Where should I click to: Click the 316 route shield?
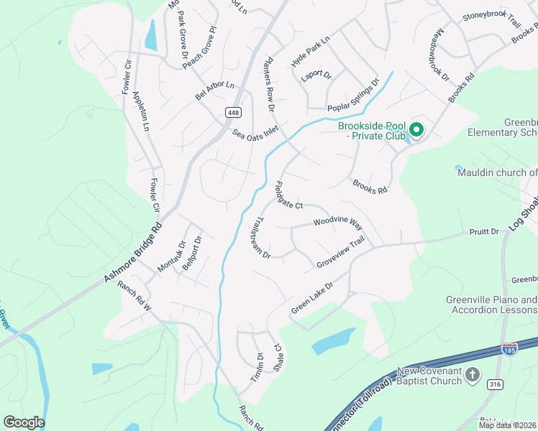click(495, 385)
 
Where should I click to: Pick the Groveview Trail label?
click(345, 254)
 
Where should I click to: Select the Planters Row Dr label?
click(270, 84)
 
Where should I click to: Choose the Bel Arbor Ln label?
click(215, 91)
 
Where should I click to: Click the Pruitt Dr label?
click(484, 232)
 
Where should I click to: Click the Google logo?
click(24, 422)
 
